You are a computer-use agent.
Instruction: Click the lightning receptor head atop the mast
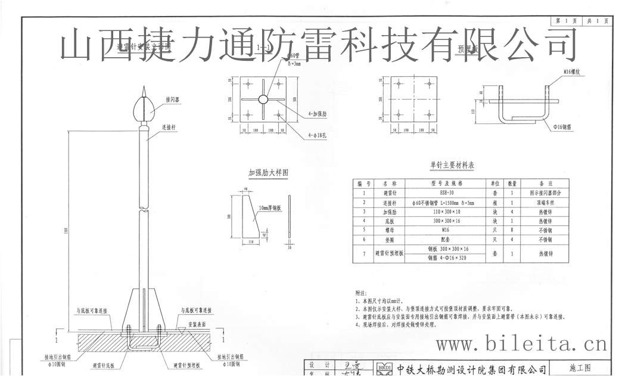146,107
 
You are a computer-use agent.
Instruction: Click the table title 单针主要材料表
452,165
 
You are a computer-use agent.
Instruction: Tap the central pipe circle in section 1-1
263,99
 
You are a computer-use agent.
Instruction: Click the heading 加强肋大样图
268,173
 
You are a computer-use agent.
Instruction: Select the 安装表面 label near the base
198,325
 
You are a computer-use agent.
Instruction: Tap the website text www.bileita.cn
521,344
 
